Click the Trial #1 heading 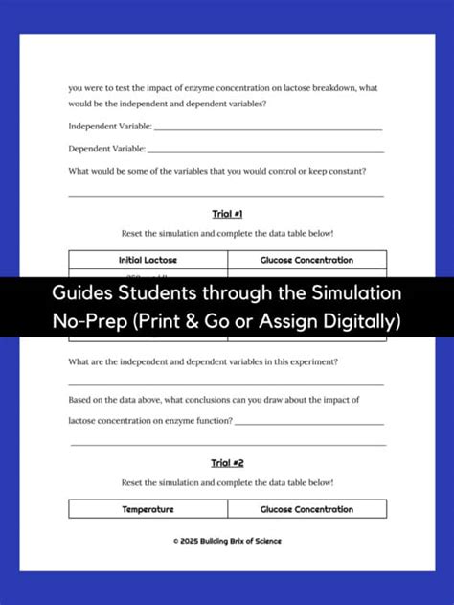click(227, 213)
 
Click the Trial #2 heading click(227, 463)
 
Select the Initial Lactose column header click(148, 260)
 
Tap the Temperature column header click(148, 509)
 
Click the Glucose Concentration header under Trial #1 click(306, 260)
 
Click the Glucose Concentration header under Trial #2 click(306, 509)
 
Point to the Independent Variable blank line click(268, 128)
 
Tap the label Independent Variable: click(109, 126)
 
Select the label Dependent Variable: click(106, 149)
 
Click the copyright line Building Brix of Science click(227, 541)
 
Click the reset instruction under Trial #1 click(227, 233)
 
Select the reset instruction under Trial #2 click(227, 482)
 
